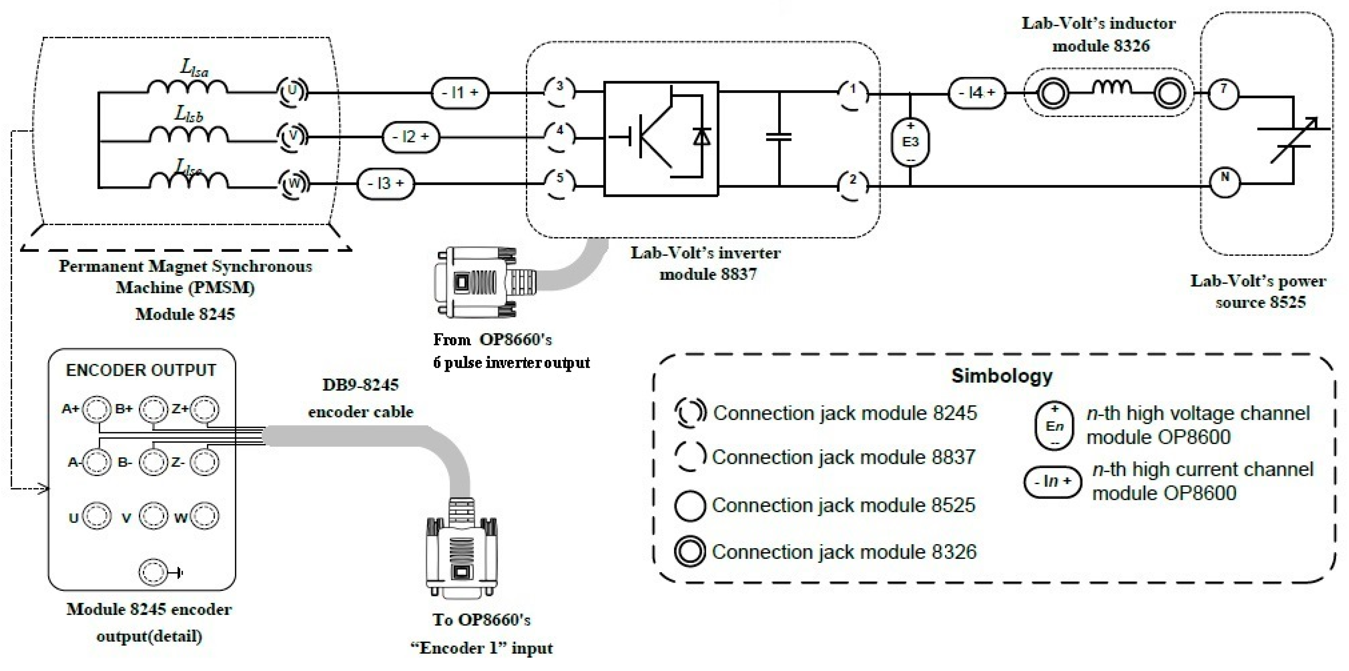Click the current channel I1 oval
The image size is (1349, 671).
click(460, 93)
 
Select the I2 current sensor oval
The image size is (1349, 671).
click(411, 137)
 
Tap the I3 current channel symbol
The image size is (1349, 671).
click(385, 184)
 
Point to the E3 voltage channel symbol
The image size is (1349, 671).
click(910, 142)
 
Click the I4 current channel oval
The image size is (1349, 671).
click(977, 93)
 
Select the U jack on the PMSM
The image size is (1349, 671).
click(292, 91)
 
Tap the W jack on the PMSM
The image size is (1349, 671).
click(293, 184)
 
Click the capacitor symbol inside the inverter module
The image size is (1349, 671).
click(779, 137)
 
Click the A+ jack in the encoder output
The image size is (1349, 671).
click(97, 409)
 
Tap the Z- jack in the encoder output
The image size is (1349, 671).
click(204, 463)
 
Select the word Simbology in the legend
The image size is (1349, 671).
click(1001, 376)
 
